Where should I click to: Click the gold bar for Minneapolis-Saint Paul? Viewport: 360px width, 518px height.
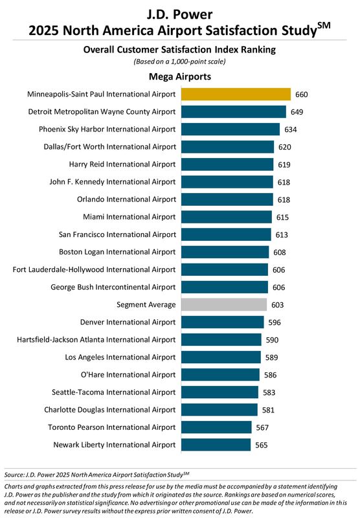click(236, 95)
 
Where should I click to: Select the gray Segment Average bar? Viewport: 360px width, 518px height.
click(224, 304)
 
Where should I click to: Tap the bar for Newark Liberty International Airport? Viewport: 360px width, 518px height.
click(216, 445)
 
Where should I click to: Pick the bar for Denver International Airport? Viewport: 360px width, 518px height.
click(223, 322)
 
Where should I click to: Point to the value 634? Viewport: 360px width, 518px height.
click(290, 129)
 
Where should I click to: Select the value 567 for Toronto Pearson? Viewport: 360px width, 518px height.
click(262, 427)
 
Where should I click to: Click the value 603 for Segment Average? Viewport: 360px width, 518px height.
click(278, 304)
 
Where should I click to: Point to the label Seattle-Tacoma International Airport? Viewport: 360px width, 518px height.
click(114, 392)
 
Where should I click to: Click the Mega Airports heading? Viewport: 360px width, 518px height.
click(180, 77)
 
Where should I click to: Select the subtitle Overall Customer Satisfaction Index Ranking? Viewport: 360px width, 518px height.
click(180, 49)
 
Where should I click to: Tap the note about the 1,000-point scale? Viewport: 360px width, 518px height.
click(180, 62)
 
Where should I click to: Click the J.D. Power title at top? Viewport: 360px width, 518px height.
click(180, 13)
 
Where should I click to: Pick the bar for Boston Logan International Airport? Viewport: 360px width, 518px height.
click(225, 252)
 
